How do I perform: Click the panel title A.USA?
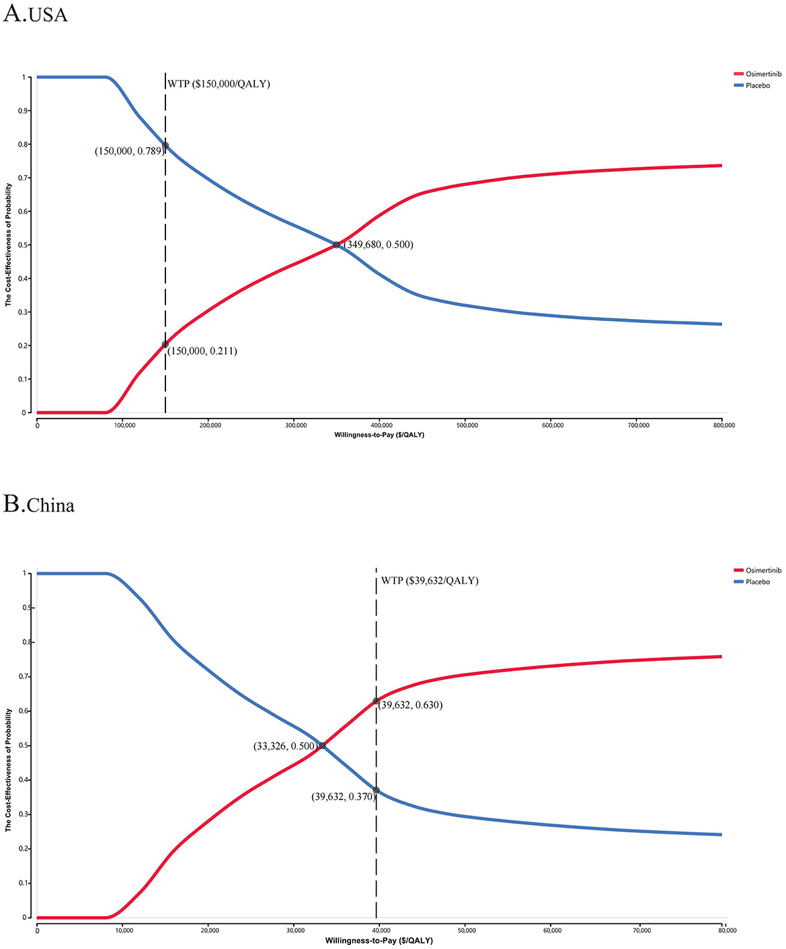point(35,13)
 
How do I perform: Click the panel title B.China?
point(39,504)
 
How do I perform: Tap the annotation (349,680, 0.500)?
point(379,245)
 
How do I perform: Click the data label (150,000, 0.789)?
point(128,151)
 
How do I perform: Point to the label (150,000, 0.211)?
point(202,351)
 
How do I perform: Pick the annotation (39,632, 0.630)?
point(410,705)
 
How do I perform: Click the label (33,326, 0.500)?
point(284,746)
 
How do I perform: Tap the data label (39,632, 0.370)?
point(343,797)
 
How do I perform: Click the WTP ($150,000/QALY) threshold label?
point(219,84)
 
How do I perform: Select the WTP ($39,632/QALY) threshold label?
point(430,580)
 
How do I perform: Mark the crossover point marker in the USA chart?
point(337,244)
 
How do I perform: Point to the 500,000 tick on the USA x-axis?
point(467,425)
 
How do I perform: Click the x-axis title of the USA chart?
point(379,435)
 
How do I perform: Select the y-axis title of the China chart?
point(9,770)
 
